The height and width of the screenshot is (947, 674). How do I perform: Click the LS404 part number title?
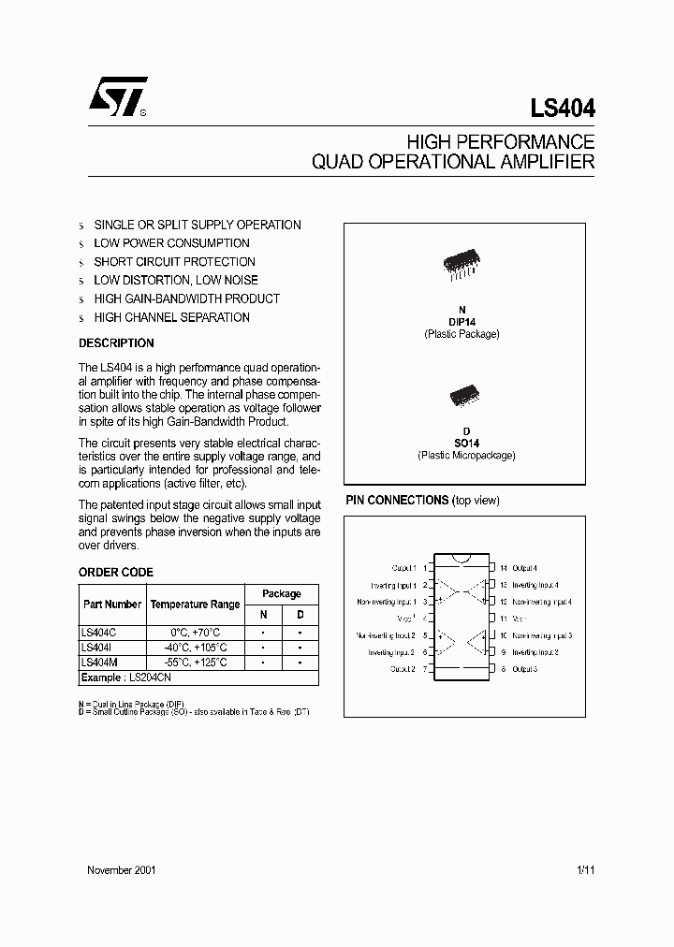pyautogui.click(x=563, y=109)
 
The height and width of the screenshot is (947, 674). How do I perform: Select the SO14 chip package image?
pyautogui.click(x=465, y=395)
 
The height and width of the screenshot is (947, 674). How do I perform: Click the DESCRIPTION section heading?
pyautogui.click(x=116, y=343)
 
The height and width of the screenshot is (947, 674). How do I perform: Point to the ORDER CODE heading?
pyautogui.click(x=116, y=573)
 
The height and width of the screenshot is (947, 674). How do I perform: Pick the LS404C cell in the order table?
pyautogui.click(x=98, y=633)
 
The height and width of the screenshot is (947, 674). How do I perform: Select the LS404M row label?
pyautogui.click(x=98, y=663)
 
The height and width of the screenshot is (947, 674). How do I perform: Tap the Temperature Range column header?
pyautogui.click(x=196, y=605)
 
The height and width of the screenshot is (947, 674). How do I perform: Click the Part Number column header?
pyautogui.click(x=112, y=605)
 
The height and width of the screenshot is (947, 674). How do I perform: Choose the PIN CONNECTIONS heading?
pyautogui.click(x=397, y=501)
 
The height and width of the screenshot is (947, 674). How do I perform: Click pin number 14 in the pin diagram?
pyautogui.click(x=503, y=568)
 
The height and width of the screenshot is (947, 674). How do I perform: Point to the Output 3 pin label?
pyautogui.click(x=525, y=669)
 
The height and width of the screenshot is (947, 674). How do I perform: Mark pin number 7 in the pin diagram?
pyautogui.click(x=425, y=669)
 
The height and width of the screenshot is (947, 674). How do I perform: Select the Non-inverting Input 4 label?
pyautogui.click(x=542, y=602)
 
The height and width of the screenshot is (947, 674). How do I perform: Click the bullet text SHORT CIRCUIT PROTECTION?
pyautogui.click(x=174, y=262)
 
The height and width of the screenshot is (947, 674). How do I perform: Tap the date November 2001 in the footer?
pyautogui.click(x=121, y=870)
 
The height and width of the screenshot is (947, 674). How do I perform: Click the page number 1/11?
pyautogui.click(x=586, y=870)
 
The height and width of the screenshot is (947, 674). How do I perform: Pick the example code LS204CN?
pyautogui.click(x=151, y=677)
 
